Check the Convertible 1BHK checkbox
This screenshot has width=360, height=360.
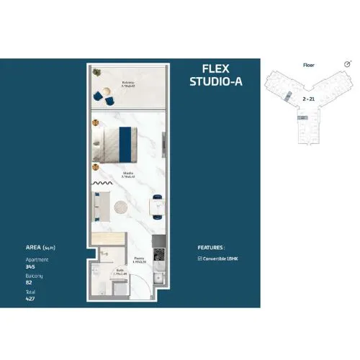point(199,258)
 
